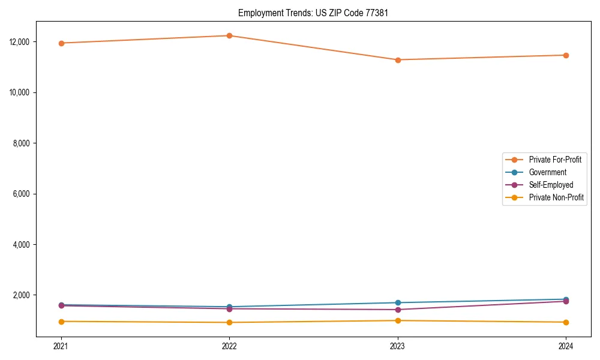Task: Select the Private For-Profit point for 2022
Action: [229, 35]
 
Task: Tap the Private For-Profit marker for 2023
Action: [398, 60]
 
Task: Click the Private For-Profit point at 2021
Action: [61, 43]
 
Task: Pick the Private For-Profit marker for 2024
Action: [566, 55]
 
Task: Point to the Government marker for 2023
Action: [398, 302]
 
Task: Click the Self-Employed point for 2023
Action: [398, 310]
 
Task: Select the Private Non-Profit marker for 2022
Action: [229, 322]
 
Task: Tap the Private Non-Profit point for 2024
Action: [566, 322]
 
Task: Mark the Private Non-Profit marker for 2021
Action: [61, 322]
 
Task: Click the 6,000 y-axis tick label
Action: [22, 194]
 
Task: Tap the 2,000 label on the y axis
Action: [22, 295]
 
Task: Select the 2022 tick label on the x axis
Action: [229, 346]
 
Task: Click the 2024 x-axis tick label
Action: [566, 346]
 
